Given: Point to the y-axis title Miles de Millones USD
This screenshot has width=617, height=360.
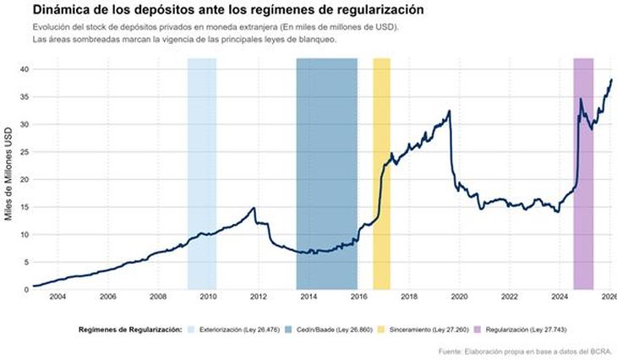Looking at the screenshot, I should point(9,178).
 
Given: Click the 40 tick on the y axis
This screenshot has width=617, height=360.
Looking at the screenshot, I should point(24,69).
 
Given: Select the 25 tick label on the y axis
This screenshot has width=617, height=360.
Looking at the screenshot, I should point(24,152).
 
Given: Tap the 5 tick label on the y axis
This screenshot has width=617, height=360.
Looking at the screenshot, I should point(26,262).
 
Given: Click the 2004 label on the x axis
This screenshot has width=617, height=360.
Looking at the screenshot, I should point(57,297).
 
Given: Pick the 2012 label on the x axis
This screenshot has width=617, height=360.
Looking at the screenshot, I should point(259,297).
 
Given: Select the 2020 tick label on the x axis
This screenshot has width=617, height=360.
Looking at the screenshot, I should point(459,297).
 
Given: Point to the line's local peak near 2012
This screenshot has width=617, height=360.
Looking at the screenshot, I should point(254,208).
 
